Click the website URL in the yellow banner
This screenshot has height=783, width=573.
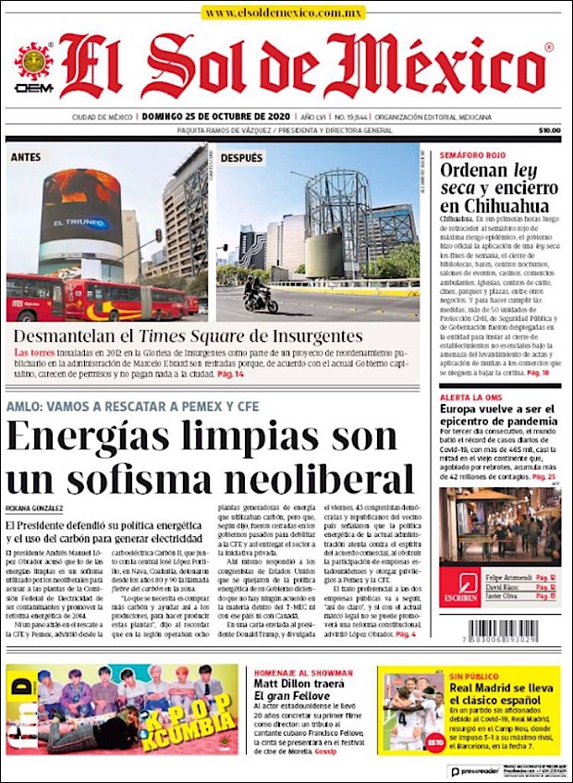(x=284, y=14)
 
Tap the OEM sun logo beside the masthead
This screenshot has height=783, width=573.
(x=33, y=66)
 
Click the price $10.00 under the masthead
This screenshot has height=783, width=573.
(x=549, y=130)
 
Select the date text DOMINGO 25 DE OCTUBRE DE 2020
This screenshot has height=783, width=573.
(x=213, y=117)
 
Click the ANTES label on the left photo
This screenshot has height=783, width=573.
(x=26, y=158)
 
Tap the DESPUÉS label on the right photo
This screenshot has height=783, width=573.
(x=241, y=158)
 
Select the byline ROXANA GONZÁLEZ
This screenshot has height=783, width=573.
(x=34, y=508)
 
